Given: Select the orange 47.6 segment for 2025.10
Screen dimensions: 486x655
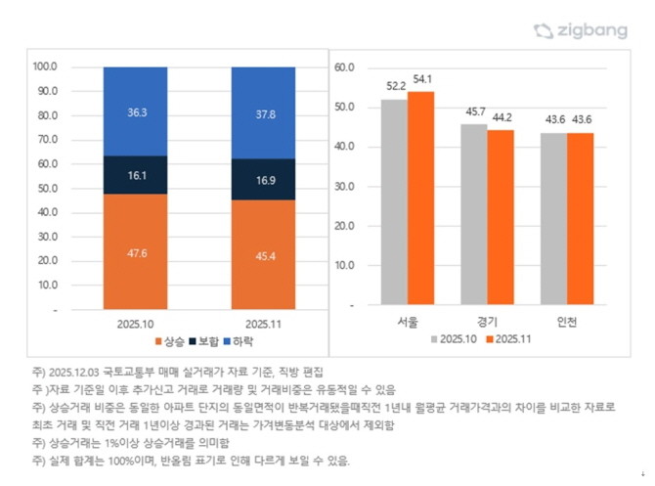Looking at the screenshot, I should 135,250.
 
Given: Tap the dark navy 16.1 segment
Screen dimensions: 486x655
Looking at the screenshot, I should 135,175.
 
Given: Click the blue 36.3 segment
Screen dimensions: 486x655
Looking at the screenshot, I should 135,111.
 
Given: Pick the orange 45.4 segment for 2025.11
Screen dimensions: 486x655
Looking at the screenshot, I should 263,254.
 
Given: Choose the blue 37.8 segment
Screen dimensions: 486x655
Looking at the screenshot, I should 263,112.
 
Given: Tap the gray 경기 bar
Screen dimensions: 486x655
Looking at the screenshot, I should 474,214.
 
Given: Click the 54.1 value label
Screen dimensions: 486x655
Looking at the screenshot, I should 422,79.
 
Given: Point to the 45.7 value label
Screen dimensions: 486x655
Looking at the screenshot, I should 474,112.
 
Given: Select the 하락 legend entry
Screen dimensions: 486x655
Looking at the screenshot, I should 239,341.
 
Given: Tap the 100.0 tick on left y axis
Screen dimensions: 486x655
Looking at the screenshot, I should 45,67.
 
